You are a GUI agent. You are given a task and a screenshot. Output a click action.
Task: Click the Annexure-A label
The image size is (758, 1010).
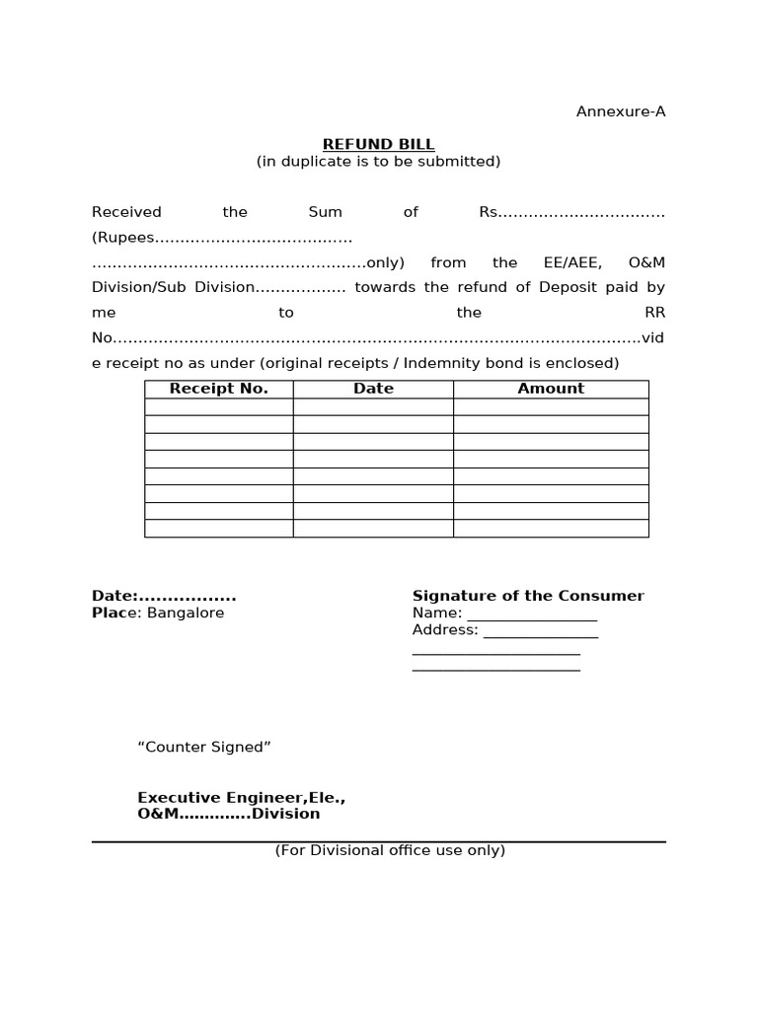tap(620, 111)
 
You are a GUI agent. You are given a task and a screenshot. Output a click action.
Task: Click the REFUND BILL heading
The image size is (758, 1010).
tap(378, 144)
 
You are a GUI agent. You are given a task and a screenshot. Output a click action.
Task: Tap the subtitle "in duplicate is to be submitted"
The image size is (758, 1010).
tap(378, 162)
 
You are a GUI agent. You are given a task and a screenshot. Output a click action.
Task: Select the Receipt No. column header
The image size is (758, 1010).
tap(218, 389)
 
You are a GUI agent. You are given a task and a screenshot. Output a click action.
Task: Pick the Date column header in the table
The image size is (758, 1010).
tap(373, 389)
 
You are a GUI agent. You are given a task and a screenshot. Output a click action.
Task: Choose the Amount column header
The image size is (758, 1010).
tap(551, 389)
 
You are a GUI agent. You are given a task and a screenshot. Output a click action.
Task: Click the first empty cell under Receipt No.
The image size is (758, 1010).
tap(218, 406)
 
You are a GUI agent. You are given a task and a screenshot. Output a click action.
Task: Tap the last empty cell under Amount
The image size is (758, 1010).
tap(551, 529)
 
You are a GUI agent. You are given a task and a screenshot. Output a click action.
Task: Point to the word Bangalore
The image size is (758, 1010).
tap(186, 613)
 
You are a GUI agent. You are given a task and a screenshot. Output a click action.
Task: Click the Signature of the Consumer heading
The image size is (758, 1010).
tap(527, 596)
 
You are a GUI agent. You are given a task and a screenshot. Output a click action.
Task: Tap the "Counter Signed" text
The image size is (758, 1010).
tap(204, 747)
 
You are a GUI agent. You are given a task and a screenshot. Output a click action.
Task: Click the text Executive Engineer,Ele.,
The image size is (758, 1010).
tap(241, 797)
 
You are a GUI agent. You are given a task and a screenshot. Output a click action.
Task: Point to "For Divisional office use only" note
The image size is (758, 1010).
tap(390, 850)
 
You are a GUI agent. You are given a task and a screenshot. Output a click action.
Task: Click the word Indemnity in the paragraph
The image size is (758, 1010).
tap(454, 363)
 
